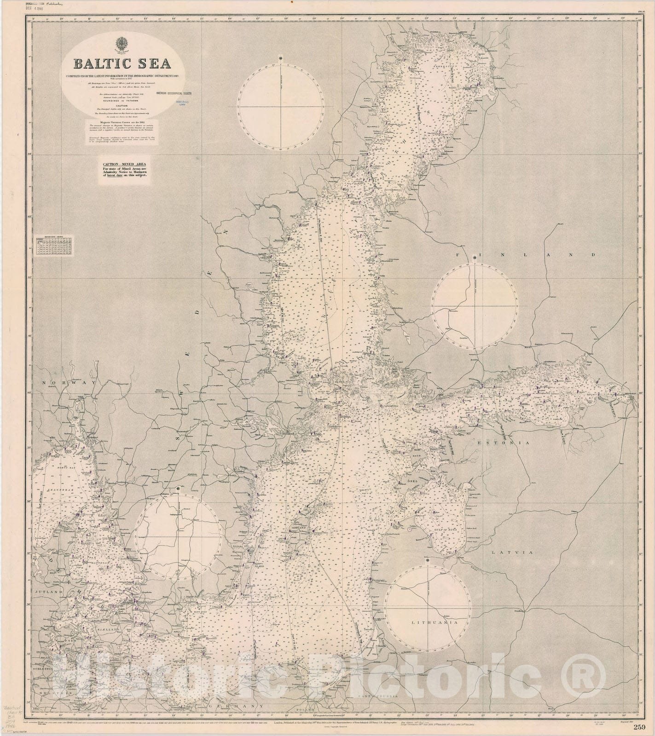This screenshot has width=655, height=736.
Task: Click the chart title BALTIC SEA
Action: pyautogui.click(x=116, y=63)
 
